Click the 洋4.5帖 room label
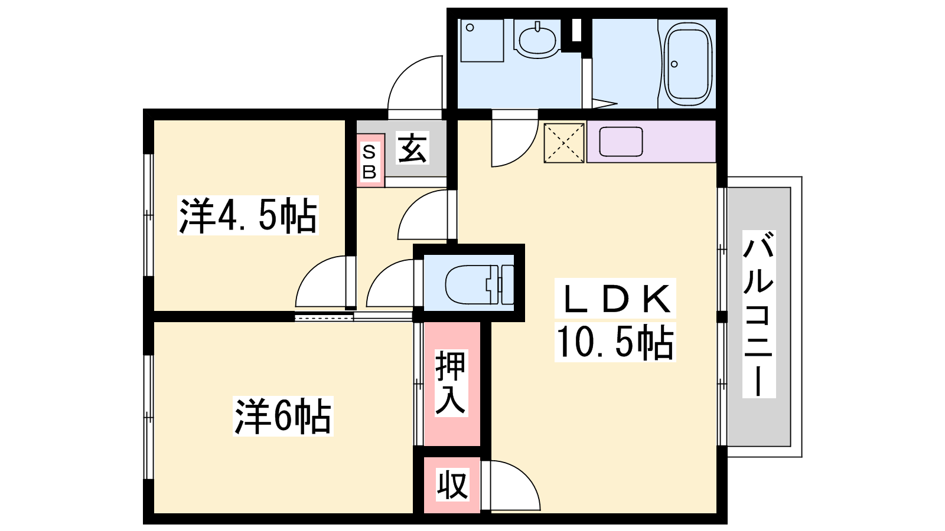click(x=248, y=215)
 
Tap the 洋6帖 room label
click(x=283, y=416)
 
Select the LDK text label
click(x=615, y=298)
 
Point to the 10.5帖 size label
click(x=615, y=342)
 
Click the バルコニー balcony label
click(x=758, y=314)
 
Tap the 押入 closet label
click(x=451, y=383)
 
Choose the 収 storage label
click(x=452, y=485)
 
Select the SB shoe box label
click(x=370, y=161)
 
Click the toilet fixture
click(x=480, y=284)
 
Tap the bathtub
click(x=688, y=64)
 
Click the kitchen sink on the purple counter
click(x=621, y=142)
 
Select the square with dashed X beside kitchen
click(x=564, y=143)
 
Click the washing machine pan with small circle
click(x=482, y=41)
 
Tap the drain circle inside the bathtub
click(x=674, y=64)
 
